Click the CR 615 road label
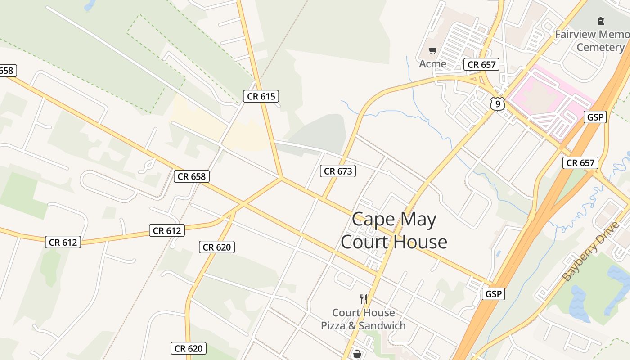261,96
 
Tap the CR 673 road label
338,171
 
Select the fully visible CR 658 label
192,176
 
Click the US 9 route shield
497,104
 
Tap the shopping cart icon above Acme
432,50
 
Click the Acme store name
432,64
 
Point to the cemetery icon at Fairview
600,21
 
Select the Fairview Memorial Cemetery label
592,40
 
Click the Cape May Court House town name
394,230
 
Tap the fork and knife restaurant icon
364,298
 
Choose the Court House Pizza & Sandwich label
363,319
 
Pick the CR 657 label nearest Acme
481,64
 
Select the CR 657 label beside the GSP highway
580,163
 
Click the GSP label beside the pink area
595,117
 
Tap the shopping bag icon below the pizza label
357,354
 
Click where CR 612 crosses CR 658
243,204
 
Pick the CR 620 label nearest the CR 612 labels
217,247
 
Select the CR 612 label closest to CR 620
167,231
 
